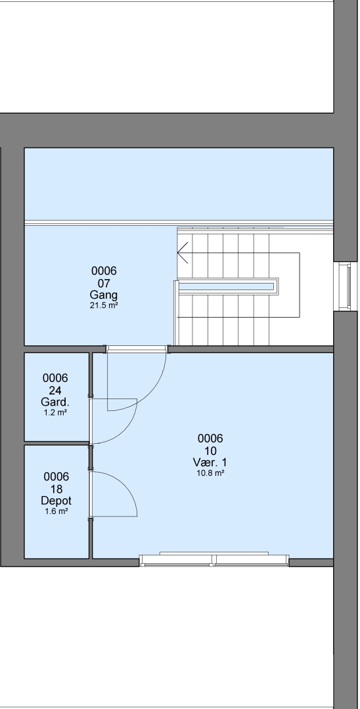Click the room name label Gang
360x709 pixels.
pyautogui.click(x=104, y=295)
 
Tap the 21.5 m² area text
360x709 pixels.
pyautogui.click(x=104, y=305)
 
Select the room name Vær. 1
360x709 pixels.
pyautogui.click(x=210, y=463)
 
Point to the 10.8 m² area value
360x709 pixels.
pyautogui.click(x=210, y=473)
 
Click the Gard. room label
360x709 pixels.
pyautogui.click(x=56, y=402)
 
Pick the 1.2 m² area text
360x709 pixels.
pyautogui.click(x=56, y=412)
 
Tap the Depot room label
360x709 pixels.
pyautogui.click(x=56, y=501)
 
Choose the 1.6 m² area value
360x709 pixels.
pyautogui.click(x=56, y=511)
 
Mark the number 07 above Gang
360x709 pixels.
pyautogui.click(x=104, y=283)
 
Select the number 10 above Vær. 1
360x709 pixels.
pyautogui.click(x=210, y=451)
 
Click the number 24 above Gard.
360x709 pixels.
pyautogui.click(x=55, y=390)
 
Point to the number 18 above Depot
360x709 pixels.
pyautogui.click(x=56, y=489)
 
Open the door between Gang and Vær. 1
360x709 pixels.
pyautogui.click(x=137, y=349)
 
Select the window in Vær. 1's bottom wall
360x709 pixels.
pyautogui.click(x=214, y=560)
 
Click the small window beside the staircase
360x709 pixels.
pyautogui.click(x=342, y=286)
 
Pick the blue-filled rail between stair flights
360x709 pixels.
pyautogui.click(x=227, y=286)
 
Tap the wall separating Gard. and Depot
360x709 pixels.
pyautogui.click(x=56, y=443)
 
